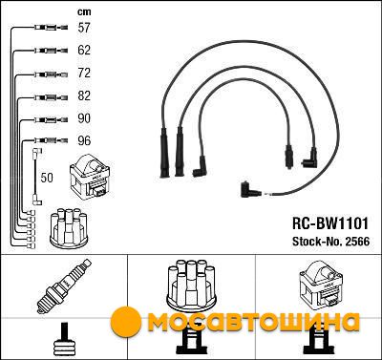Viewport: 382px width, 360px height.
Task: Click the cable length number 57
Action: click(x=84, y=28)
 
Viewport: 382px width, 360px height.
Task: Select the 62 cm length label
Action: click(x=84, y=50)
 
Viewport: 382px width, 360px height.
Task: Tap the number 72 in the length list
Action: click(x=84, y=73)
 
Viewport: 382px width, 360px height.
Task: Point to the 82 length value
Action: click(x=84, y=95)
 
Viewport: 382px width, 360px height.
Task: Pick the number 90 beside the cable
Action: click(x=84, y=118)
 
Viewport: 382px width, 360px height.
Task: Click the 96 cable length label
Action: click(x=84, y=140)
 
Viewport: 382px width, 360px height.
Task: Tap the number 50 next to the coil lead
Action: click(x=47, y=178)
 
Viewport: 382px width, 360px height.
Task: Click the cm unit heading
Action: click(x=84, y=12)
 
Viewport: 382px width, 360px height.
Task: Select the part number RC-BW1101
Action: click(x=330, y=223)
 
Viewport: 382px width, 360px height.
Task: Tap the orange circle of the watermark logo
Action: click(x=126, y=322)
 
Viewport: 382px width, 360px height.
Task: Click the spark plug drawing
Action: click(x=64, y=286)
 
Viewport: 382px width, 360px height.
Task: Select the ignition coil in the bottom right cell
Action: click(x=321, y=285)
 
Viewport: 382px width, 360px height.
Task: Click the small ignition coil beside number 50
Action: click(x=90, y=177)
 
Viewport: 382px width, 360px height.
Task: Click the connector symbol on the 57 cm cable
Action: click(x=51, y=28)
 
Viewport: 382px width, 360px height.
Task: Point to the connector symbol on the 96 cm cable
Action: click(x=51, y=140)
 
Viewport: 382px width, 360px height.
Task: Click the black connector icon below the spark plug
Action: click(x=65, y=341)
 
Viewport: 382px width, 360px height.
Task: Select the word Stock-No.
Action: click(x=316, y=242)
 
